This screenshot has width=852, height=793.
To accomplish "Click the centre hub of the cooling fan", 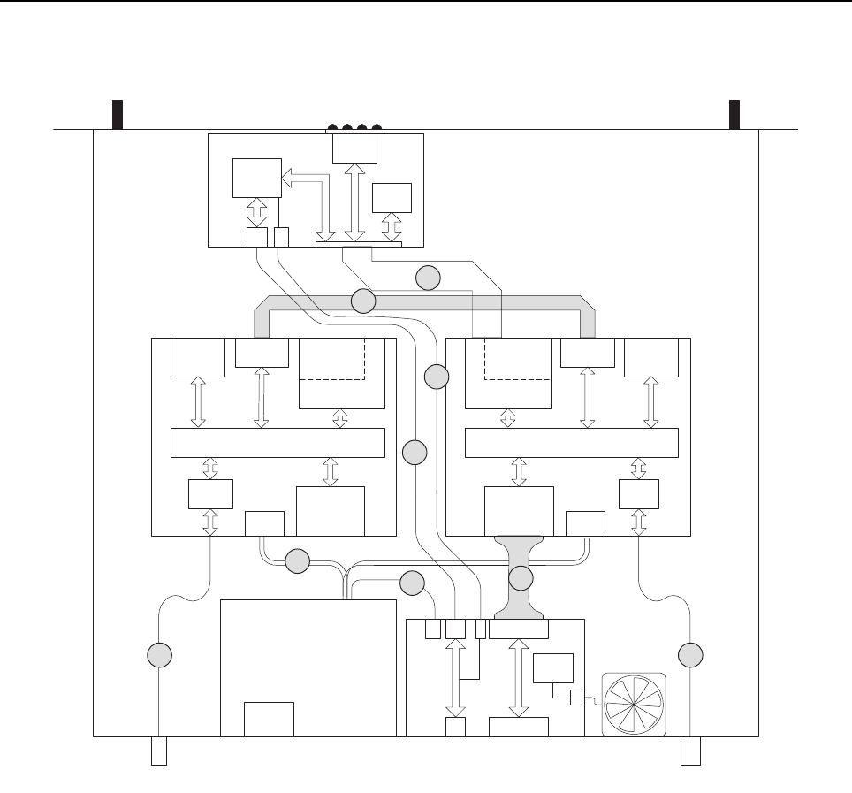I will click(x=633, y=705).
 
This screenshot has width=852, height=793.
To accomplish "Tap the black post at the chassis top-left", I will click(x=116, y=114).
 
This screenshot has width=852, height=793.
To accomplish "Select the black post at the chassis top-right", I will click(x=734, y=114).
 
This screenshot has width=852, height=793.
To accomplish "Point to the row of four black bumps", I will click(x=356, y=128).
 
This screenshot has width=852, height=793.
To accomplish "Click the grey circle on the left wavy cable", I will click(x=158, y=655).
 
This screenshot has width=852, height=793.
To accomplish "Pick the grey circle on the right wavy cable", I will click(x=690, y=655).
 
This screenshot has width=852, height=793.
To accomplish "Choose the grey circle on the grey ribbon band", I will click(x=362, y=301).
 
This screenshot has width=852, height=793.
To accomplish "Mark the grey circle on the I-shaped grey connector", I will click(x=521, y=579).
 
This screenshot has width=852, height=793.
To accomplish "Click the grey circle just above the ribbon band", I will click(x=428, y=278).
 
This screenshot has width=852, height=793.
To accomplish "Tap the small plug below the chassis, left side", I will click(x=159, y=751).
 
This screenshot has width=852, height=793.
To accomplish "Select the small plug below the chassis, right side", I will click(x=690, y=751).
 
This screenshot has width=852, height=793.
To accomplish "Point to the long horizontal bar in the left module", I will click(x=277, y=442).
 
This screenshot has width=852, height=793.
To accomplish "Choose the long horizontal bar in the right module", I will click(x=571, y=442).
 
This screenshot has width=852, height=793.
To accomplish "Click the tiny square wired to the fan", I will click(x=578, y=698).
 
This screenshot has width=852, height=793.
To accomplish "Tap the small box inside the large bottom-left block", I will click(x=269, y=719).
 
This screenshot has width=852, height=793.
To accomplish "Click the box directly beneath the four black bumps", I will click(x=354, y=149).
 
